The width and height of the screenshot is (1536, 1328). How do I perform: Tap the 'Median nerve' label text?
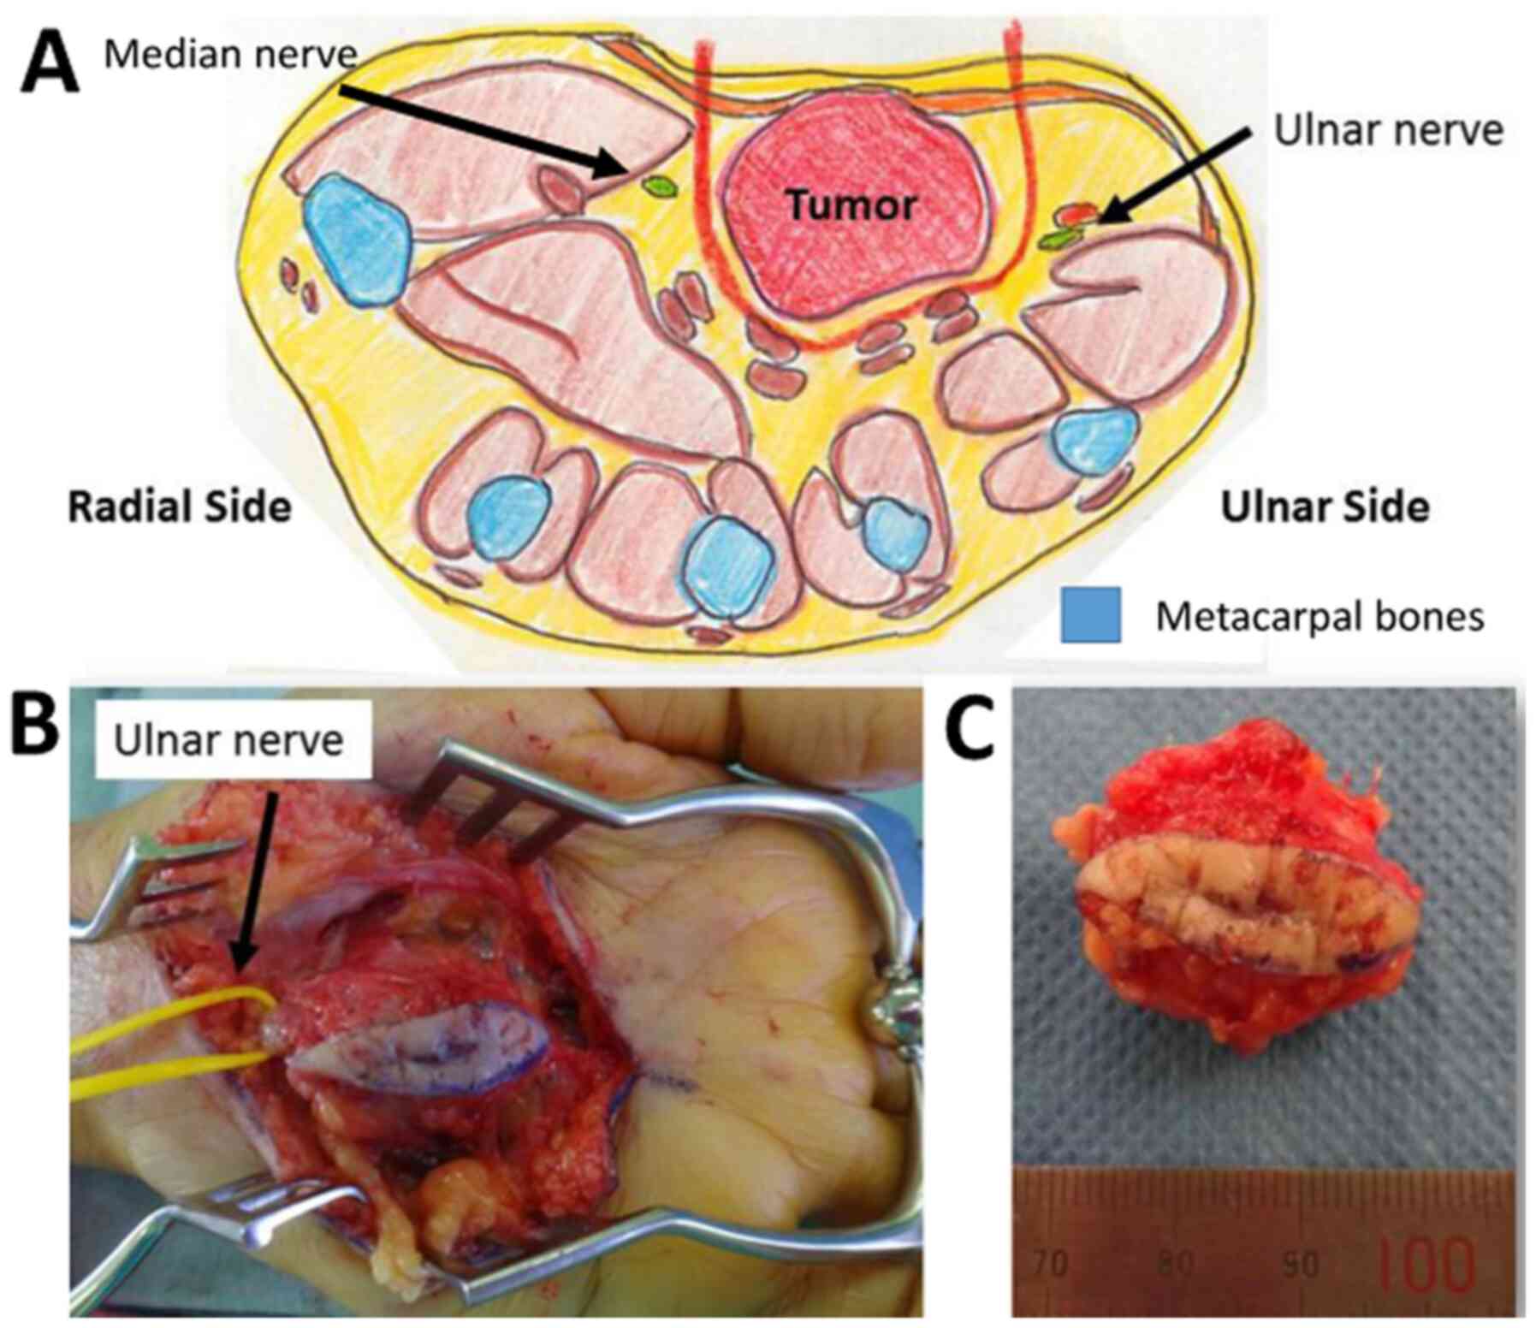click(229, 55)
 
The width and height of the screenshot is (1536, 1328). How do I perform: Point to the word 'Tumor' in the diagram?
click(851, 205)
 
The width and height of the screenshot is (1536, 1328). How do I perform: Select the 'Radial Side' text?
click(180, 507)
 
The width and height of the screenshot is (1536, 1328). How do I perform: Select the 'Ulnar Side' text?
click(1324, 507)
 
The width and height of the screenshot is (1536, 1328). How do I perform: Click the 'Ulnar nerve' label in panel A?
click(1388, 131)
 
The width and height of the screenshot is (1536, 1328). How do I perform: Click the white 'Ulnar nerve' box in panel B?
click(229, 740)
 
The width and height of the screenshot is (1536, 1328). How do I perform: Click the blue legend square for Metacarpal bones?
click(1090, 615)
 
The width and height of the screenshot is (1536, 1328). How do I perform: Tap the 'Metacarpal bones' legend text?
click(1320, 616)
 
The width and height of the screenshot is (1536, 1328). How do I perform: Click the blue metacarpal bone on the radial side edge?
click(358, 239)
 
